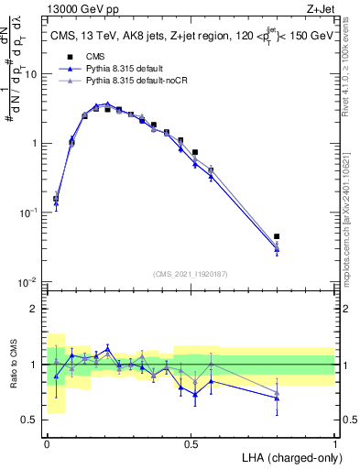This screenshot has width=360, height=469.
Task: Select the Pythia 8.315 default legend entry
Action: pyautogui.click(x=128, y=70)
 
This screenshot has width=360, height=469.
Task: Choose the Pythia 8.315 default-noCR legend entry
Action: pyautogui.click(x=137, y=82)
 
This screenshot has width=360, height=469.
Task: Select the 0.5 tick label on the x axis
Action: pyautogui.click(x=191, y=442)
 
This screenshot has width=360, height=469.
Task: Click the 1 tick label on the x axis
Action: pyautogui.click(x=334, y=442)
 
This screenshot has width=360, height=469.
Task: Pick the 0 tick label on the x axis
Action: pyautogui.click(x=47, y=442)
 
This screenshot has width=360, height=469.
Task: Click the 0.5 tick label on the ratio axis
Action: pyautogui.click(x=33, y=420)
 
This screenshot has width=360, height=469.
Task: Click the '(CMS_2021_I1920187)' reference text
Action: pyautogui.click(x=191, y=273)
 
